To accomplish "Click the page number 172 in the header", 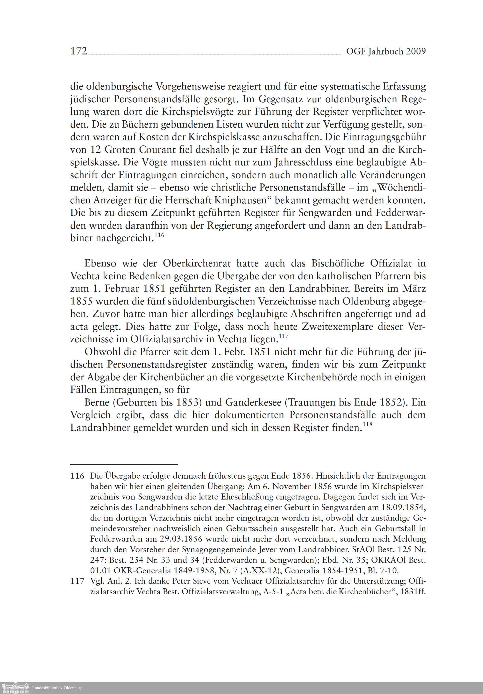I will click(x=79, y=51).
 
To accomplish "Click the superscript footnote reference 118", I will click(x=367, y=424).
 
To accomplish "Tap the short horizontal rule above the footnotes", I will click(x=124, y=464).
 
